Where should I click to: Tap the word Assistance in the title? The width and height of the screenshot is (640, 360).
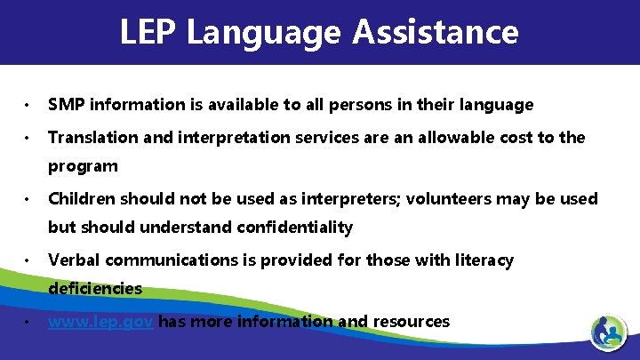(x=435, y=32)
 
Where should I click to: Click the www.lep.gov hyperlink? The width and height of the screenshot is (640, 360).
(x=101, y=322)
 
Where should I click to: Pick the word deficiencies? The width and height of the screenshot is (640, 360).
(x=95, y=289)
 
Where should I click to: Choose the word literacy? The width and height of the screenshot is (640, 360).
(x=482, y=260)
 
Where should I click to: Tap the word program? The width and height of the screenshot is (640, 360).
(x=83, y=166)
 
